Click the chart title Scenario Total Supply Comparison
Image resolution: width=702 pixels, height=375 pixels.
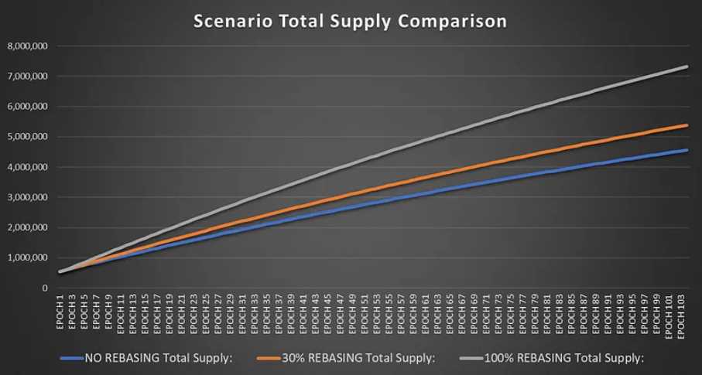click(x=350, y=21)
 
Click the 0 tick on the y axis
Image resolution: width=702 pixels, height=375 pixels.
click(x=45, y=288)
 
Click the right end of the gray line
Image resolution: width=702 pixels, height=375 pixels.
click(x=687, y=66)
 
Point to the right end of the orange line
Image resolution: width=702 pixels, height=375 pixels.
click(x=687, y=125)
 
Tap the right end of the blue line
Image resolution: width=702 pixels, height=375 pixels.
click(x=687, y=150)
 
